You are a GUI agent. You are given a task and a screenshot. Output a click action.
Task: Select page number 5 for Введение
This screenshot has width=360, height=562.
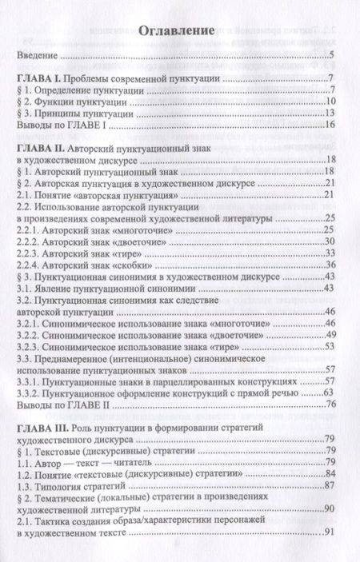(330, 56)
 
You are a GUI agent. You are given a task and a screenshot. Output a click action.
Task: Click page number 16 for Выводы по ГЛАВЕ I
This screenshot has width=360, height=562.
(327, 125)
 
